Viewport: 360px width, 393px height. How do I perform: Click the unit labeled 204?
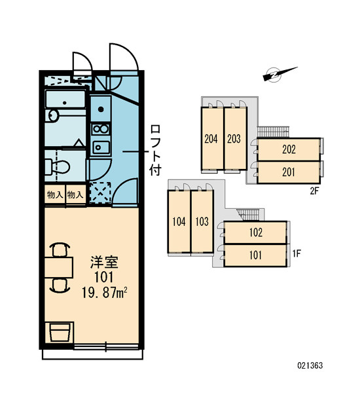(x=212, y=139)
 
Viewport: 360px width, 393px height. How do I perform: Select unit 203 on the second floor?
(x=235, y=139)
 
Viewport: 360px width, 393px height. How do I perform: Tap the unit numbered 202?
(x=289, y=149)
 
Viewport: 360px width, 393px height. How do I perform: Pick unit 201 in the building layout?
(x=289, y=172)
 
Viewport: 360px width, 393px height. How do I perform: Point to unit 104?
(x=179, y=221)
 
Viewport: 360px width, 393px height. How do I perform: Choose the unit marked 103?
(x=202, y=221)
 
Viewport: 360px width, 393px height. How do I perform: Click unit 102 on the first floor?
(x=255, y=233)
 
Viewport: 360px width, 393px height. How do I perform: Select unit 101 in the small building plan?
(x=255, y=255)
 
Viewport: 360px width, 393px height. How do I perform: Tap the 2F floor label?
(x=314, y=191)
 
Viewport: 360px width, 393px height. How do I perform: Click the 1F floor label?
(x=297, y=253)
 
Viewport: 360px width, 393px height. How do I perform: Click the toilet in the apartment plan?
(x=57, y=166)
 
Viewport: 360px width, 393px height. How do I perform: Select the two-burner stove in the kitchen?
(x=100, y=129)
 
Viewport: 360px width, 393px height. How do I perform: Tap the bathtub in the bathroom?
(x=65, y=99)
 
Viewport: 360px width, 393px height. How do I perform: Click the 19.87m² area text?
(x=105, y=293)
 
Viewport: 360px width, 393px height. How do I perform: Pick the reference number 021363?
(x=310, y=365)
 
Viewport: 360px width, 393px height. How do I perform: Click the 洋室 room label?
(x=104, y=262)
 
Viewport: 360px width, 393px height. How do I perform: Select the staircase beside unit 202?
(x=273, y=132)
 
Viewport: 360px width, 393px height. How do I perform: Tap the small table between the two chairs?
(x=59, y=267)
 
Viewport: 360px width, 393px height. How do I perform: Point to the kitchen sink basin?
(x=101, y=147)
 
